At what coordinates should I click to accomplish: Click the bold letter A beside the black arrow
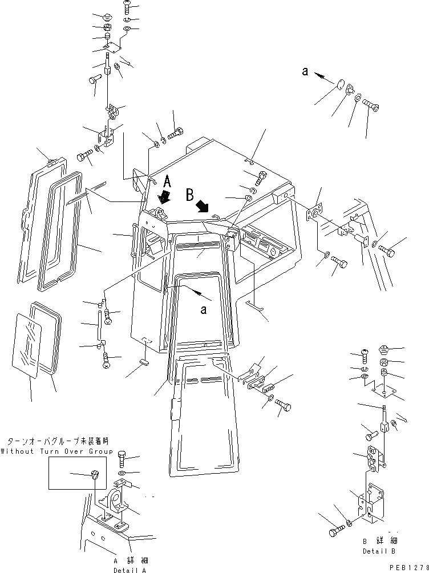[167, 181]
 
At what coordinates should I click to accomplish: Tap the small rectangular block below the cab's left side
[143, 360]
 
